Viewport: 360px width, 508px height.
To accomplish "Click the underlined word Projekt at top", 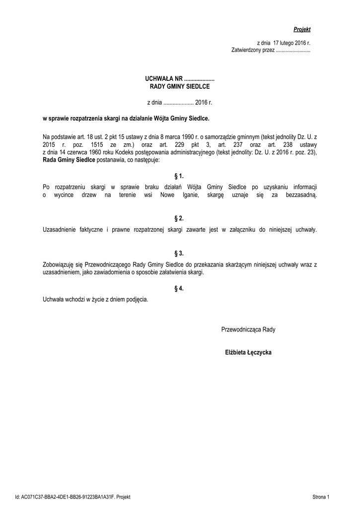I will click(x=301, y=30).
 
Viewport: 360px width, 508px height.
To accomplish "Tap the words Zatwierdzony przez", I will click(x=253, y=51).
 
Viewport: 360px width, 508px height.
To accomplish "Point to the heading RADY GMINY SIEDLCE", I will click(x=180, y=86).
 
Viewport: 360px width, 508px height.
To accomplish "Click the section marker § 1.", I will click(x=179, y=176).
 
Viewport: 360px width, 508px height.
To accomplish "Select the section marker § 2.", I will click(x=179, y=218).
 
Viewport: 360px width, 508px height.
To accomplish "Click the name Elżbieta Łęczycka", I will click(x=248, y=352).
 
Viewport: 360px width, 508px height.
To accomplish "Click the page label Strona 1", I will click(x=321, y=497).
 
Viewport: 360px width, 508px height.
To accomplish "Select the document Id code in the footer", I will click(x=72, y=497).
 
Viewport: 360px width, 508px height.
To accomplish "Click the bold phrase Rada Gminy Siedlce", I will click(x=69, y=161).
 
